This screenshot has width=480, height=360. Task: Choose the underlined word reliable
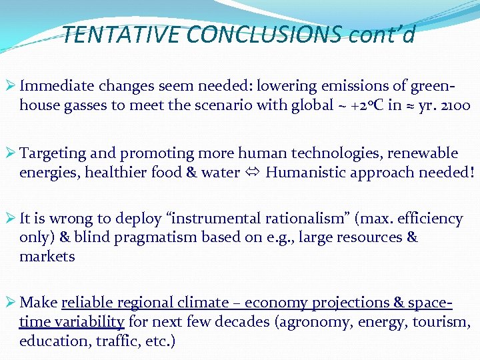(x=86, y=303)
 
